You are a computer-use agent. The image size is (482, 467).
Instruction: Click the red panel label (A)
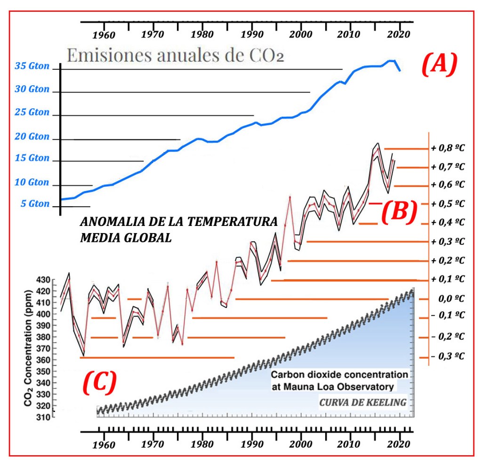point(439,64)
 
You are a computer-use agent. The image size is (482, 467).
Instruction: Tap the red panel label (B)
point(398,211)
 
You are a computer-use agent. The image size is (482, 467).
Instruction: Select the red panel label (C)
point(99,383)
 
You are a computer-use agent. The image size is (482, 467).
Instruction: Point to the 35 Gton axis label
point(32,66)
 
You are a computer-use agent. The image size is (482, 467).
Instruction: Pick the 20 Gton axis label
point(32,137)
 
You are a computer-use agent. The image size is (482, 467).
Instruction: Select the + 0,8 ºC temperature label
point(448,148)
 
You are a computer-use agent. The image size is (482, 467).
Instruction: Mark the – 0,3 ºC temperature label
point(448,356)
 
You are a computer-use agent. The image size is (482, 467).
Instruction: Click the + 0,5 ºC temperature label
point(448,204)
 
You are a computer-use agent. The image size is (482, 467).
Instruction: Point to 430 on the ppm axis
point(43,280)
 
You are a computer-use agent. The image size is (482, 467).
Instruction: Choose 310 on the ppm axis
point(43,417)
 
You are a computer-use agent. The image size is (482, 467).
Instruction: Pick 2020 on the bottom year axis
point(400,444)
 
